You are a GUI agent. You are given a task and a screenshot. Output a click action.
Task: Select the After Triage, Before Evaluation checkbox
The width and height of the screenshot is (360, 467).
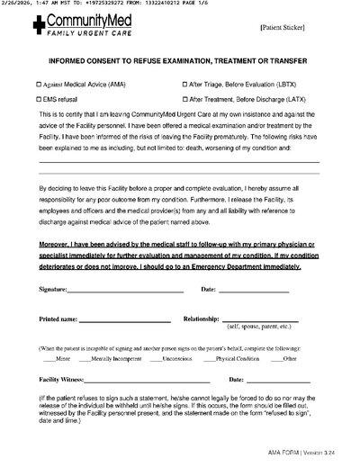[x=186, y=84]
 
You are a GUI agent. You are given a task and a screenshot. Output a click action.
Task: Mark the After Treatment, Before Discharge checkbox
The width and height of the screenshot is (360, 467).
[x=186, y=99]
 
